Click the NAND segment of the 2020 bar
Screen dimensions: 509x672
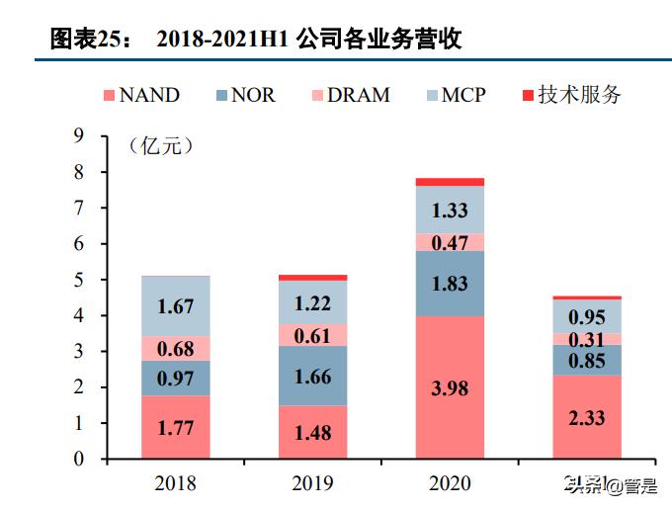(x=450, y=387)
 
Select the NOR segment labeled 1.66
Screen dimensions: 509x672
(x=312, y=376)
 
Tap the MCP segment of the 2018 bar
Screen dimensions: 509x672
(x=175, y=305)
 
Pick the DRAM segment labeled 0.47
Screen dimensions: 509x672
(x=450, y=242)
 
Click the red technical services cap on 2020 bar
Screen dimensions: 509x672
(x=450, y=182)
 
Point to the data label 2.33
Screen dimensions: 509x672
(x=587, y=417)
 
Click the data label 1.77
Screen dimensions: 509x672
(x=175, y=427)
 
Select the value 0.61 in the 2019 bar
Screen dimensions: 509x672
(x=312, y=335)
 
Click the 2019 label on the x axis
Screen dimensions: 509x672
(x=312, y=483)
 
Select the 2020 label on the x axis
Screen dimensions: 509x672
(x=450, y=483)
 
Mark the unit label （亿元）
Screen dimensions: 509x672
(x=160, y=146)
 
